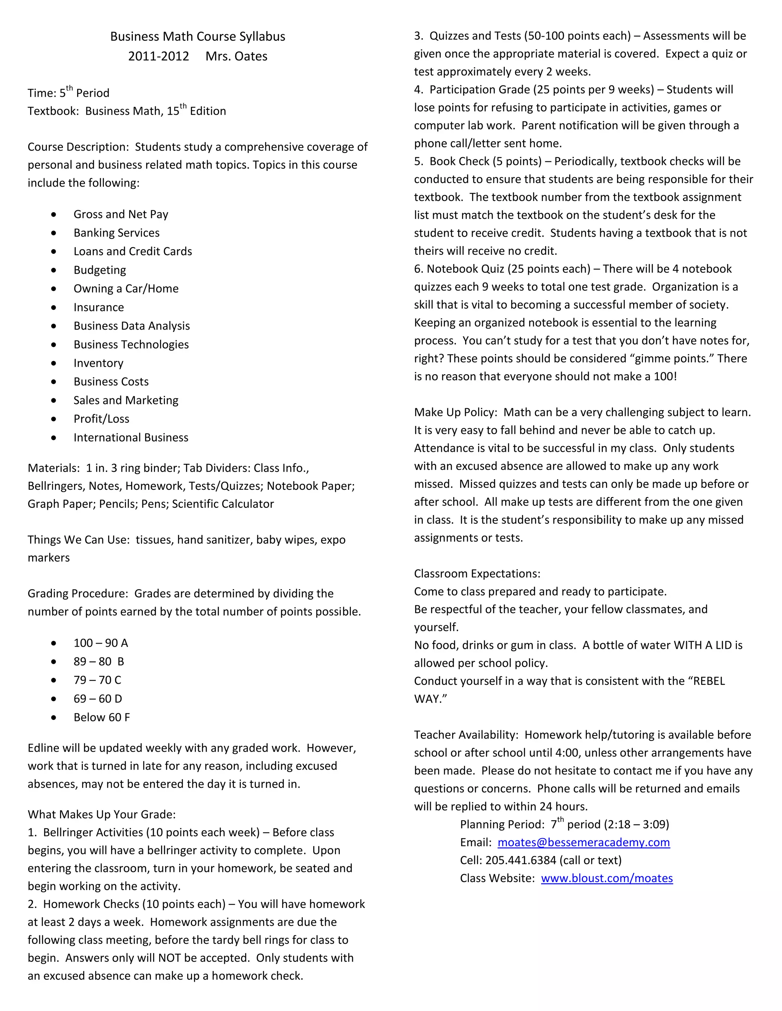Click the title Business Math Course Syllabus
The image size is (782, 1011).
(x=197, y=37)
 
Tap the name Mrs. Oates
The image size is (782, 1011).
(x=236, y=56)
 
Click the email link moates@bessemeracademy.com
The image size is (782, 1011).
(x=583, y=842)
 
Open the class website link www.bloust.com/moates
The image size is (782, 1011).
(x=606, y=878)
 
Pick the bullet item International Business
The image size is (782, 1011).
(x=131, y=438)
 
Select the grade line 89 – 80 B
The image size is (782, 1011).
(x=99, y=662)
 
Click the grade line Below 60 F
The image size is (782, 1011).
(x=102, y=717)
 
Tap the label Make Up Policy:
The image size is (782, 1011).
(x=456, y=412)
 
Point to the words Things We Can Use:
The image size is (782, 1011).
(x=78, y=540)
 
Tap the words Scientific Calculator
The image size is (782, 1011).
(x=223, y=504)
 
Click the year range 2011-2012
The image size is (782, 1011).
(x=158, y=56)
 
